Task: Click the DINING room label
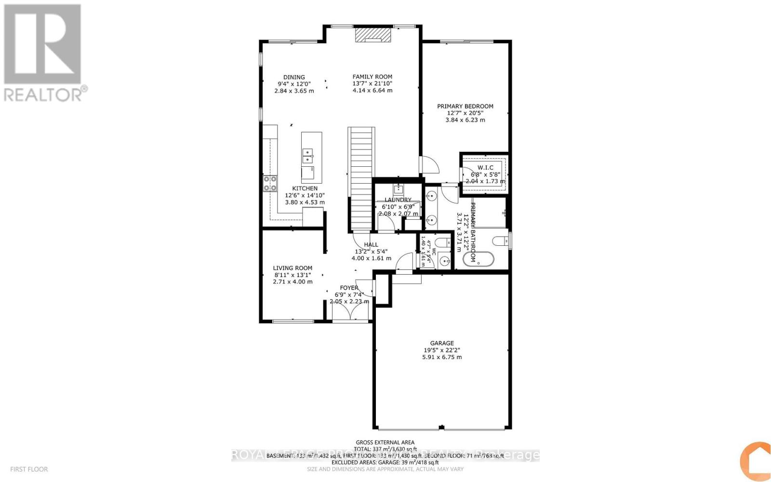pyautogui.click(x=294, y=77)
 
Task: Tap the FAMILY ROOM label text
pyautogui.click(x=372, y=77)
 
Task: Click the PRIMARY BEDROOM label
pyautogui.click(x=465, y=107)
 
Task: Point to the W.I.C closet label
pyautogui.click(x=485, y=168)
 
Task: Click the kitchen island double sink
pyautogui.click(x=307, y=156)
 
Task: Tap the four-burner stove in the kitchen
pyautogui.click(x=270, y=183)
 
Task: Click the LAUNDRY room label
pyautogui.click(x=398, y=200)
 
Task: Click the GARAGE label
pyautogui.click(x=442, y=344)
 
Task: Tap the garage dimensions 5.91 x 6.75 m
pyautogui.click(x=442, y=357)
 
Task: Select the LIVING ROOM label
pyautogui.click(x=292, y=268)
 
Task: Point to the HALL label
pyautogui.click(x=371, y=245)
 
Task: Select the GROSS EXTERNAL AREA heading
pyautogui.click(x=385, y=442)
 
